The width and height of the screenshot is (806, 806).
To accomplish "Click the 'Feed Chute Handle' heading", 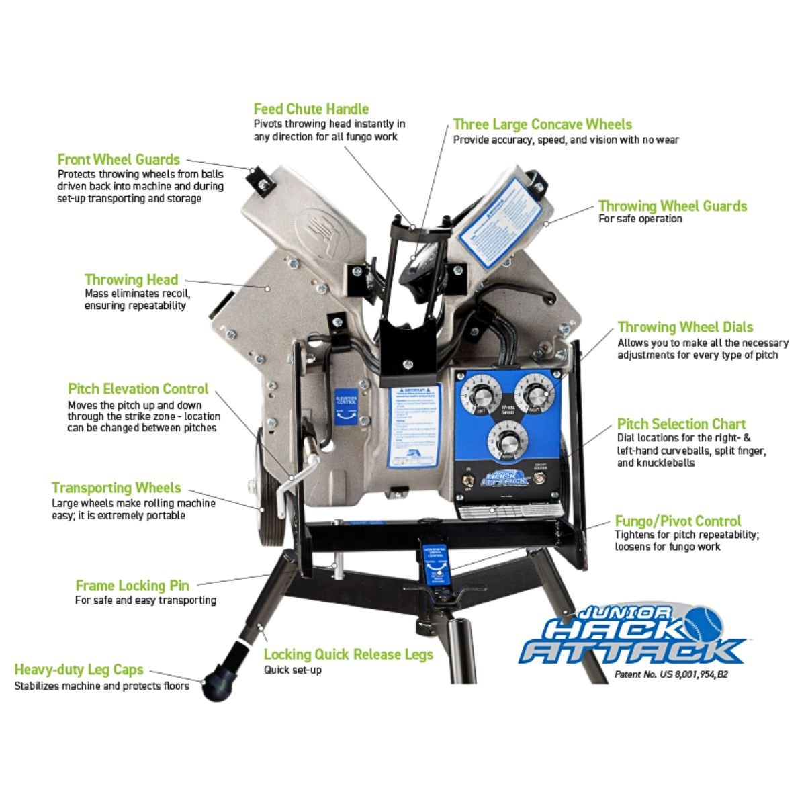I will point(311,109).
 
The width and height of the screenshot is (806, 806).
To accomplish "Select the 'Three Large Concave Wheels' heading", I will point(542,124).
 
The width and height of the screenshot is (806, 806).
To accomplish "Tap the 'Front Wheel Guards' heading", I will point(118,159).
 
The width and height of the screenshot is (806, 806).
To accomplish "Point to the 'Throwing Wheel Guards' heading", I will point(672,206).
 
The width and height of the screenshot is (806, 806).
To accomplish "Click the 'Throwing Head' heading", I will point(131,279).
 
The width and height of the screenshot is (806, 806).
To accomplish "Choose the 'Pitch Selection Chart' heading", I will point(681,424).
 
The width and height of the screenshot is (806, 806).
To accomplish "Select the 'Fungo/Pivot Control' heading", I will point(678,521).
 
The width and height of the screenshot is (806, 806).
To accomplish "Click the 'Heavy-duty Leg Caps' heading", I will point(79,670).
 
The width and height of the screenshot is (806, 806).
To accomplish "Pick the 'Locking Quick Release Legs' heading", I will point(348,654).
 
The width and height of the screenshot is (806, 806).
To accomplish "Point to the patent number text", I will point(670,674).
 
